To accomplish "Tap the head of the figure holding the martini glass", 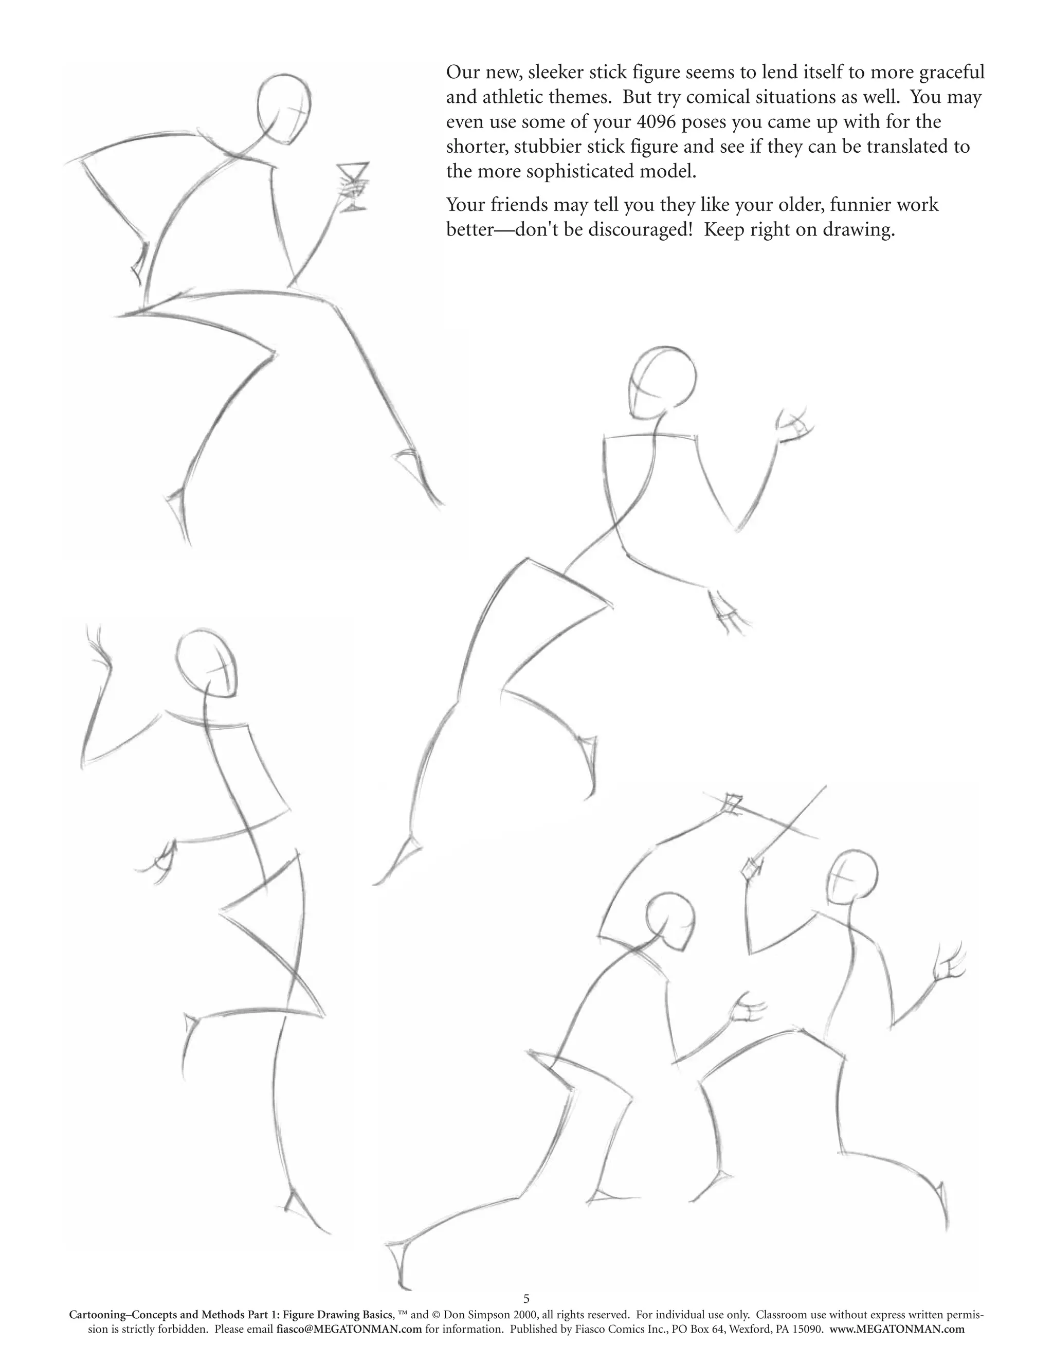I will (x=284, y=109).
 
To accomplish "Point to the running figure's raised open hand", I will (x=793, y=426).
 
